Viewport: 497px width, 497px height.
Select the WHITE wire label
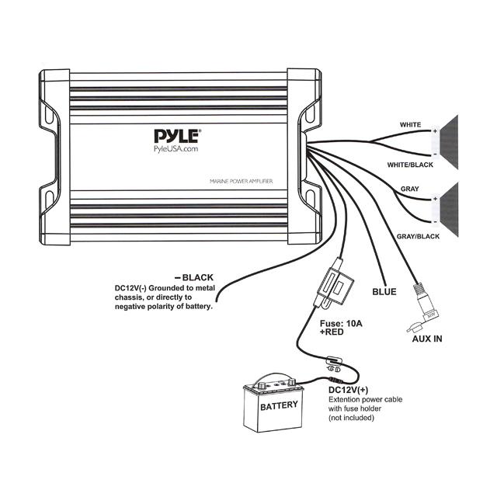(x=411, y=124)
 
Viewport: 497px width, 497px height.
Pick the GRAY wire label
(x=411, y=189)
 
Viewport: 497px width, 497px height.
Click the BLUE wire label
(x=385, y=292)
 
